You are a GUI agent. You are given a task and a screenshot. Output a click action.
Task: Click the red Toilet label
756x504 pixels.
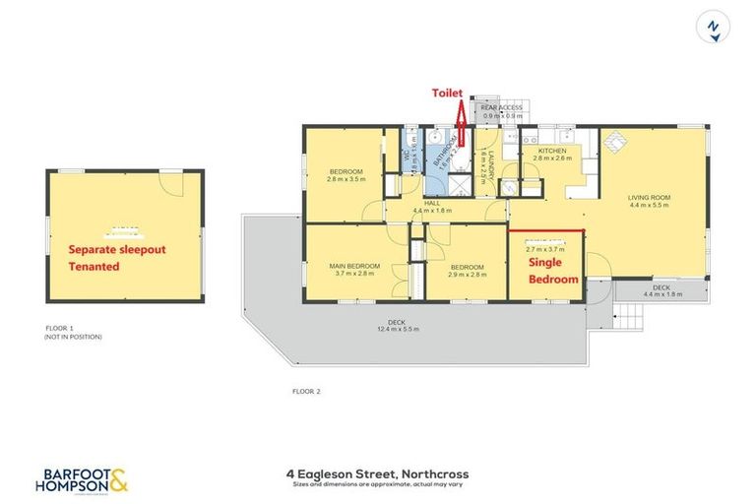pyautogui.click(x=448, y=92)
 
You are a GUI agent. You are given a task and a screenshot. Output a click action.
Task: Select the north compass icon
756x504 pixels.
pyautogui.click(x=716, y=27)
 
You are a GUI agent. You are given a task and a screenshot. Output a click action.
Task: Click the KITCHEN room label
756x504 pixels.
pyautogui.click(x=552, y=150)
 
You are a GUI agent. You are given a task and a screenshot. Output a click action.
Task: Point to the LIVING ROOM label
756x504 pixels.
pyautogui.click(x=649, y=198)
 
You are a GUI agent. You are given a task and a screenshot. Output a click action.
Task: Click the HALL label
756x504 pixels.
pyautogui.click(x=430, y=204)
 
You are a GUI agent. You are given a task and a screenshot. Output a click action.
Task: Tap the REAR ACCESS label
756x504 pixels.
pyautogui.click(x=501, y=107)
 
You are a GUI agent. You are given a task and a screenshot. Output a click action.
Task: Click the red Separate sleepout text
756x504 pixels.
pyautogui.click(x=115, y=250)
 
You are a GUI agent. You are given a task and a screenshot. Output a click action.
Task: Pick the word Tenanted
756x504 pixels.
pyautogui.click(x=94, y=267)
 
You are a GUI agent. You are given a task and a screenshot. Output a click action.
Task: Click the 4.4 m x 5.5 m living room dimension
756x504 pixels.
pyautogui.click(x=649, y=206)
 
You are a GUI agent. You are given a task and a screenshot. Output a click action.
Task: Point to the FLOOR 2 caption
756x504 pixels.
pyautogui.click(x=306, y=391)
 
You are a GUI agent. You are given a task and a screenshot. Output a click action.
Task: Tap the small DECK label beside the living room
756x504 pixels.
pyautogui.click(x=661, y=286)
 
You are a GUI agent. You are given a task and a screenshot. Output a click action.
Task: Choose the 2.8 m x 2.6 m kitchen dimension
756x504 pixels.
pyautogui.click(x=552, y=157)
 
